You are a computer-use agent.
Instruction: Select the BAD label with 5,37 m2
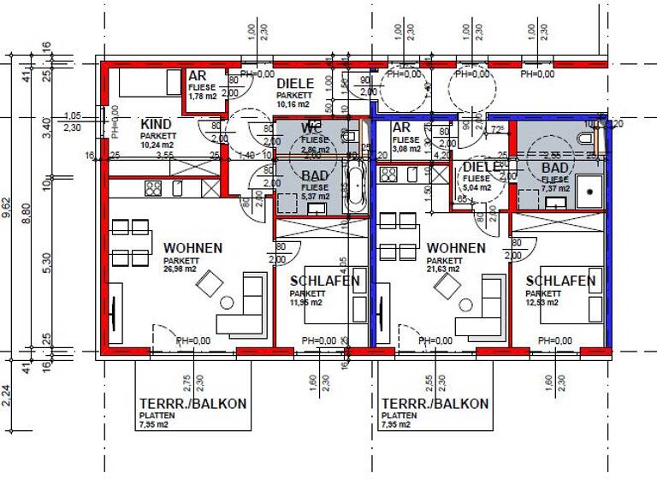click(x=315, y=176)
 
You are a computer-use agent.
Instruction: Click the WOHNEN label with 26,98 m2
click(x=192, y=248)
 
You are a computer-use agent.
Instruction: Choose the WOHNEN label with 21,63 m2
click(x=456, y=248)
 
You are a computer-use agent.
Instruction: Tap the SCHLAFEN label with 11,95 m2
click(x=324, y=281)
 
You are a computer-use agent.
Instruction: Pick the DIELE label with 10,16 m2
click(x=295, y=84)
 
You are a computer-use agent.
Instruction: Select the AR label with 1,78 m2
click(x=197, y=76)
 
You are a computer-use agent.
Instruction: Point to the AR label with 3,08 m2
click(x=402, y=127)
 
